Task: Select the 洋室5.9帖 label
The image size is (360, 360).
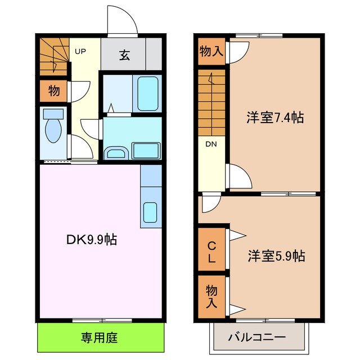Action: [276, 256]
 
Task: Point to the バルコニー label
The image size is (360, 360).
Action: [257, 337]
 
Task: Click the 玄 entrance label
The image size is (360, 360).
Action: [123, 55]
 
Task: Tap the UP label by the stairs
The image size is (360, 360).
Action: [80, 52]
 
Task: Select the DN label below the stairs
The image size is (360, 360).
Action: [210, 145]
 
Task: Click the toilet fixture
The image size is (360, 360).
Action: [53, 129]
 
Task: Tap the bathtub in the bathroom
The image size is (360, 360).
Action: [147, 93]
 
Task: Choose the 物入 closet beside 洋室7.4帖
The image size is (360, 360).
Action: [211, 52]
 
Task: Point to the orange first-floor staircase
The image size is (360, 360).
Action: [53, 56]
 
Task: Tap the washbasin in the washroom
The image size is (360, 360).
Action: [116, 152]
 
